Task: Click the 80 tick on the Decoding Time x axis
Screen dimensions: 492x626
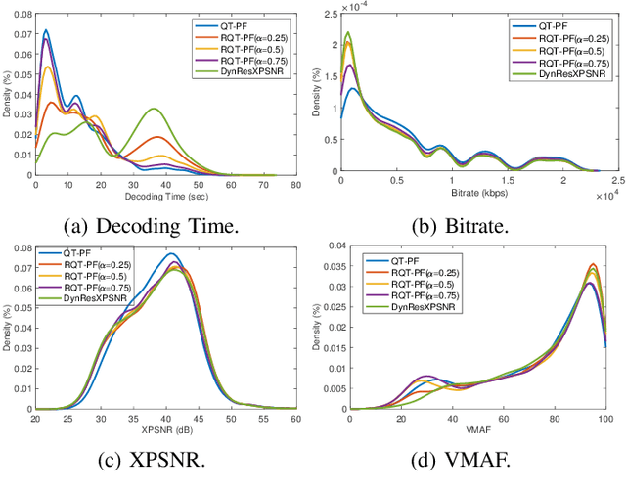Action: pos(295,182)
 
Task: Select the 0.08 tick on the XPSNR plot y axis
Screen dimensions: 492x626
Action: pos(22,242)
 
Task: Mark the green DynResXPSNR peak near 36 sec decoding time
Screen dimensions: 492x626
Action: pos(154,109)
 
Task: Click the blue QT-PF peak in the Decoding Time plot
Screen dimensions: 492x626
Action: pos(45,30)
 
